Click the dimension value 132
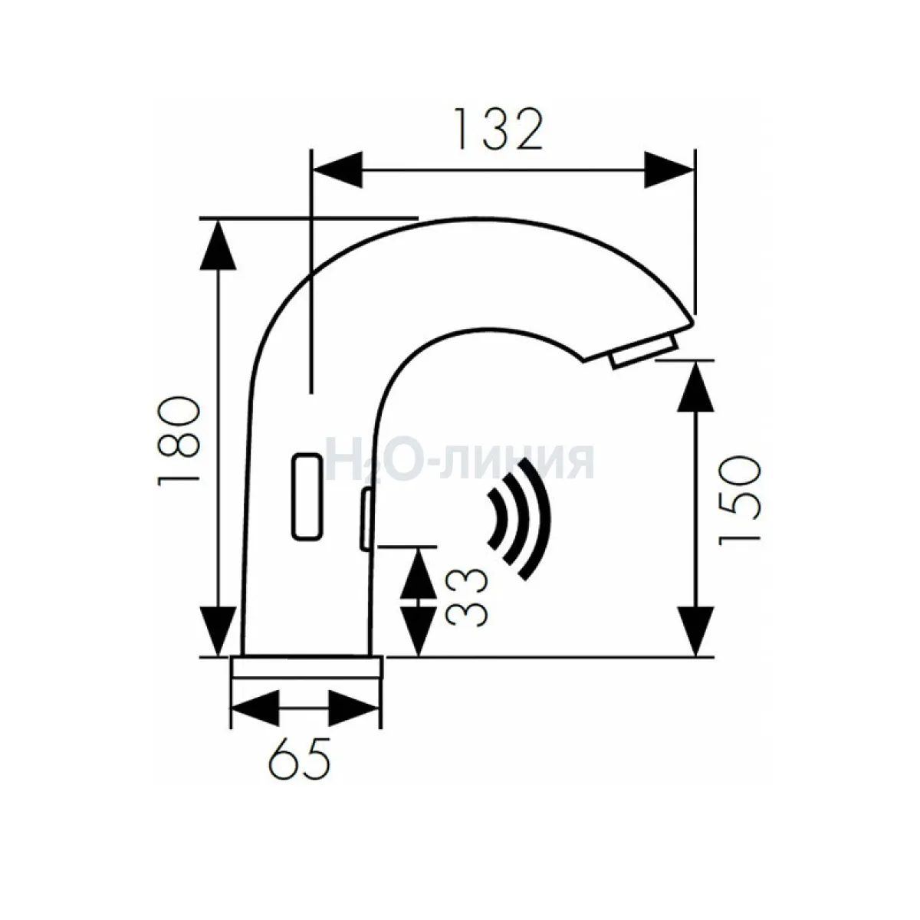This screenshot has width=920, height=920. [499, 130]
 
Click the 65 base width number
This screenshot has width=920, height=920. [299, 758]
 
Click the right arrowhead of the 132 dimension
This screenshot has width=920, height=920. [669, 170]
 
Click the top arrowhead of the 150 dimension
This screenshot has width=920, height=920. [695, 386]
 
